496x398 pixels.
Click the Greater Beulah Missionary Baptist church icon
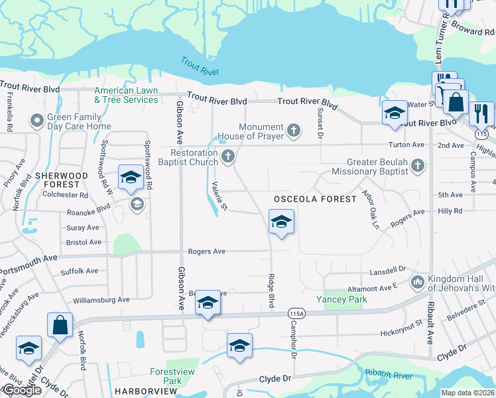(x=417, y=165)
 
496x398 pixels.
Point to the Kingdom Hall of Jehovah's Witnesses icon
(x=417, y=283)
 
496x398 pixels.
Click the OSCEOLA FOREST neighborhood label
(x=306, y=199)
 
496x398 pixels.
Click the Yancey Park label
(x=341, y=299)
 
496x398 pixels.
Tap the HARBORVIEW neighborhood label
(x=143, y=391)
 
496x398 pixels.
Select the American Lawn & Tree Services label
(x=126, y=95)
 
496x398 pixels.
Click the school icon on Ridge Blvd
(x=281, y=222)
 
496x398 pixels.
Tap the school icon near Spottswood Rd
(x=130, y=177)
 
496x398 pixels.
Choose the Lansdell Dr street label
(x=387, y=270)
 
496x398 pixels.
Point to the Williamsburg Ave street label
(x=101, y=300)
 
